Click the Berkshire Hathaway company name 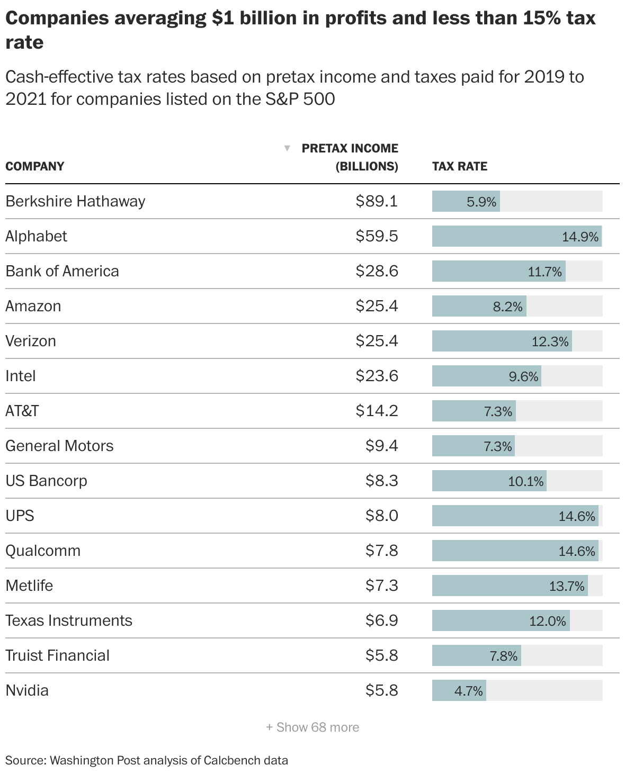75,201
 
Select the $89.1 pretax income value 377,201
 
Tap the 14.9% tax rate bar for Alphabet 516,236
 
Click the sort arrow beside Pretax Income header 287,148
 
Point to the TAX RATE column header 459,166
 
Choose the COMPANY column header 34,166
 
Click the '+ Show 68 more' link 312,727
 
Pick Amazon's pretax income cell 377,306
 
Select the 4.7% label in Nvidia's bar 469,691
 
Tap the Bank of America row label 62,271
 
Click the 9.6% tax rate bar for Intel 486,376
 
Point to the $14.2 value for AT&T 377,411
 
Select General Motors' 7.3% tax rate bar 473,446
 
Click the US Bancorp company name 46,481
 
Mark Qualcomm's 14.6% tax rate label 577,551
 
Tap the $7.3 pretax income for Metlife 381,586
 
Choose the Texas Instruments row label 69,620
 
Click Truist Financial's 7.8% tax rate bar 476,655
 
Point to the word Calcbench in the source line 236,761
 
